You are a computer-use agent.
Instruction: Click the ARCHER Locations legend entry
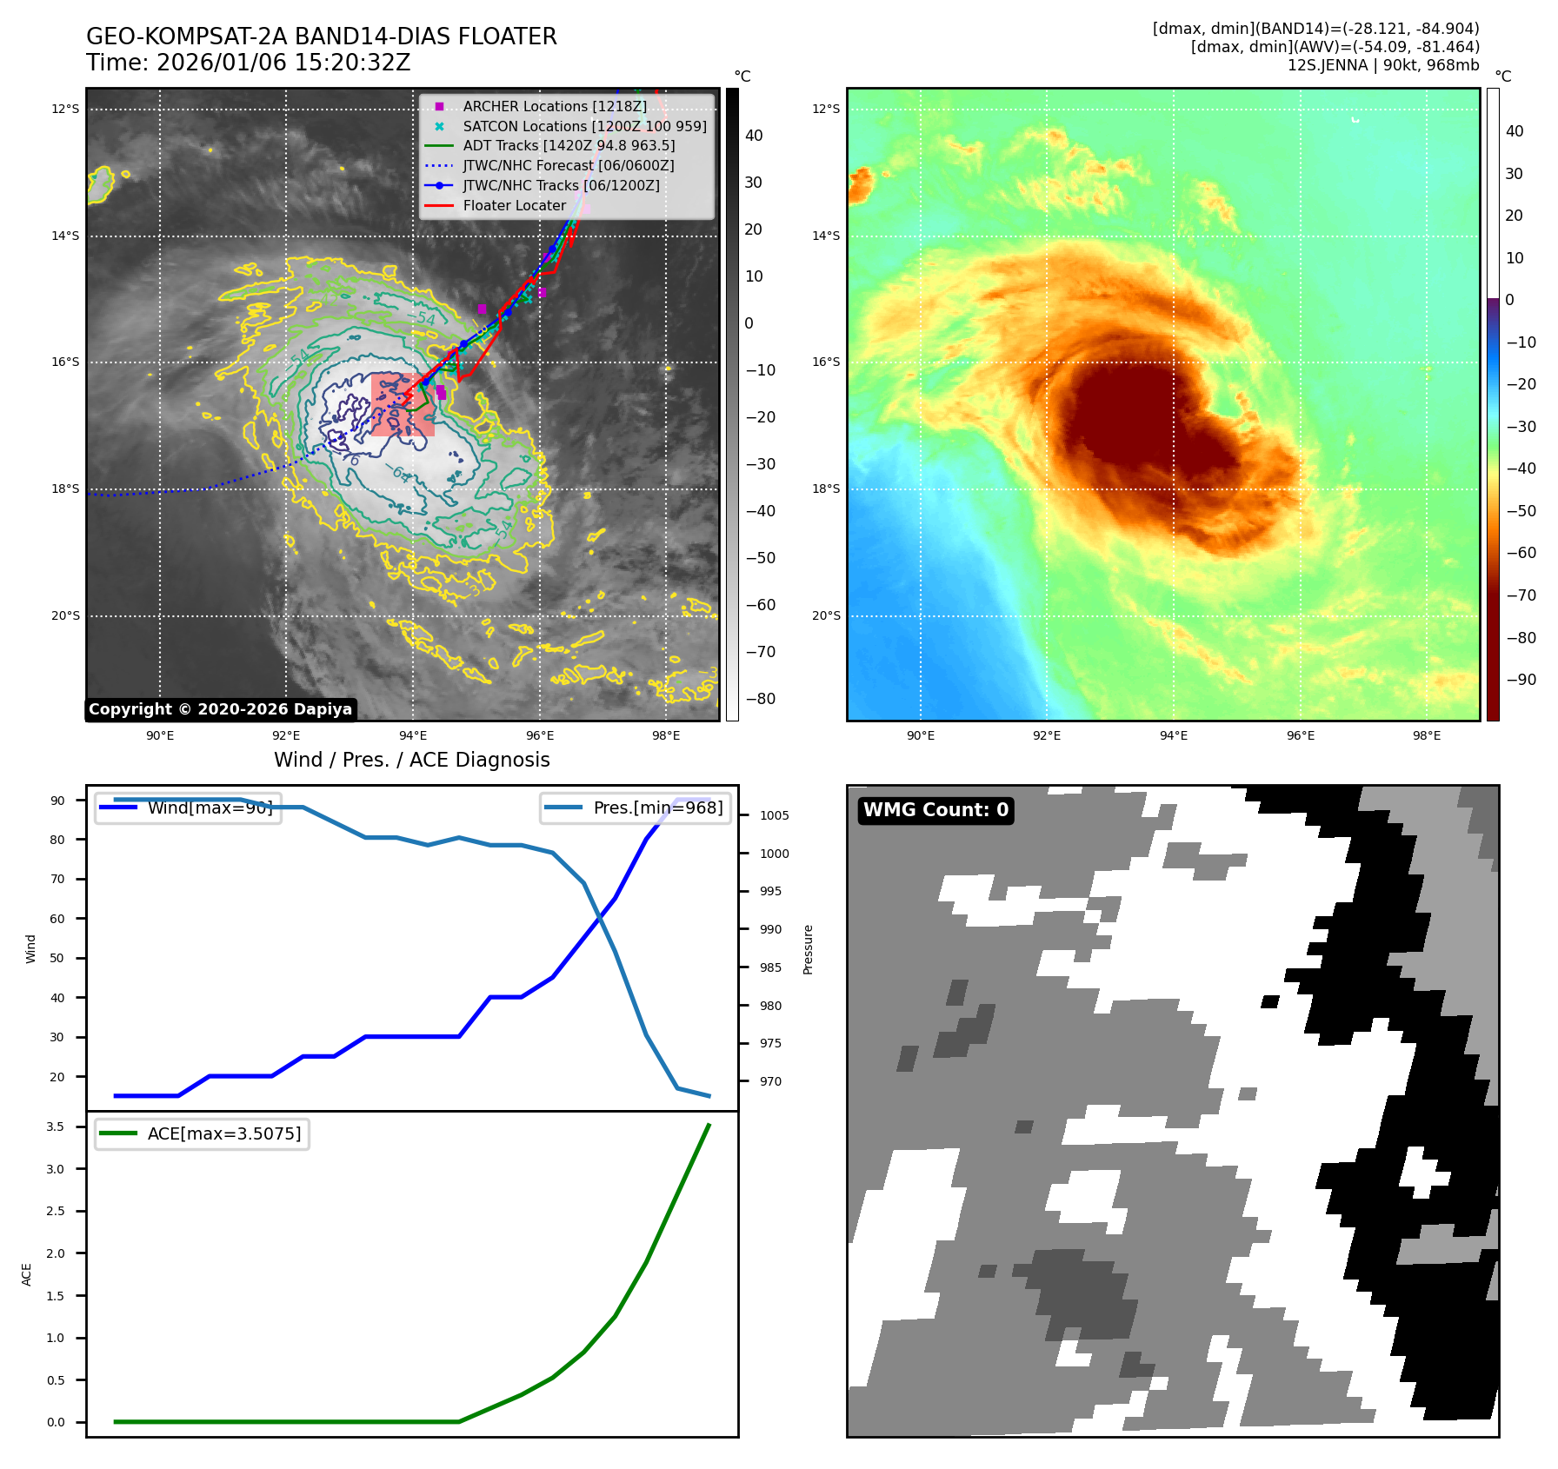click(554, 106)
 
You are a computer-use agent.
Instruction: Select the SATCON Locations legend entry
click(584, 126)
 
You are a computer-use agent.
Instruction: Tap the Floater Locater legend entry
click(514, 205)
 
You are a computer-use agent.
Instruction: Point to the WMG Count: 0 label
click(935, 810)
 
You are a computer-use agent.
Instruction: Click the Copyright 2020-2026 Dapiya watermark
click(220, 709)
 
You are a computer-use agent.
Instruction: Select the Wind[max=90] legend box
click(188, 808)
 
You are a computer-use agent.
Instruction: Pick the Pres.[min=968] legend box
click(635, 808)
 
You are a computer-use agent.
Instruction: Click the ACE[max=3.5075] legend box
click(202, 1133)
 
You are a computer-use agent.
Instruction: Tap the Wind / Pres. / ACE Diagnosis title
click(412, 760)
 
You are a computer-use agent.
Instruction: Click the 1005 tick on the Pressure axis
click(774, 815)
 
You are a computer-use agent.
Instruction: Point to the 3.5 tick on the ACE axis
click(56, 1127)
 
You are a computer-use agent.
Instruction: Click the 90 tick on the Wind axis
click(57, 801)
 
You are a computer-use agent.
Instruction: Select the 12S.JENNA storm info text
click(1382, 65)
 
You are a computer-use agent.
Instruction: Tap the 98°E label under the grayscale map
click(666, 735)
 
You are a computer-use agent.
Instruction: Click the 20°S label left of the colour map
click(826, 615)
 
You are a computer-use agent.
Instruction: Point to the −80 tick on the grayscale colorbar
click(760, 699)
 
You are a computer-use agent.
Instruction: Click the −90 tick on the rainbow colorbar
click(1521, 680)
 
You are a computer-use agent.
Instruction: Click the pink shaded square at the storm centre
click(403, 404)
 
